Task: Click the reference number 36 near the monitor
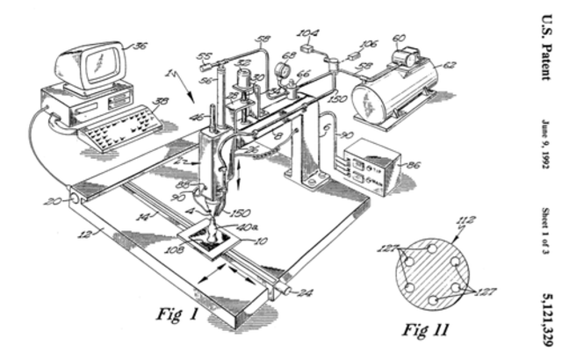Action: (x=139, y=46)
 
